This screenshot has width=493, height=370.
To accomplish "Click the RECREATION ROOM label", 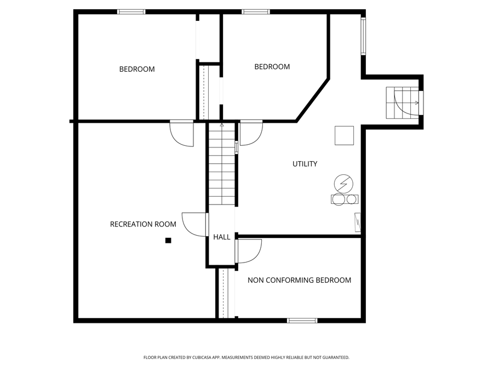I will tap(143, 224).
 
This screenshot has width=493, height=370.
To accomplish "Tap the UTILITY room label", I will tap(305, 164).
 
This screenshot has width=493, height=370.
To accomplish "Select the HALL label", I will tap(222, 237).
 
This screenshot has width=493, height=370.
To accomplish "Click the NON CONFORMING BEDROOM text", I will tap(299, 280).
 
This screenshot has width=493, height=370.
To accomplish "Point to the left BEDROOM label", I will tap(137, 69).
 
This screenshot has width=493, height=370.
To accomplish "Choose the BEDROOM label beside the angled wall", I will tap(272, 67).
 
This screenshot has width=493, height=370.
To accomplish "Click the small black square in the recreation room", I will tap(168, 240).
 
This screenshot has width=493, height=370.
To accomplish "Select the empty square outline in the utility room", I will tap(345, 135).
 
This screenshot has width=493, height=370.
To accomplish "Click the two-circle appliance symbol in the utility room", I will tap(345, 199).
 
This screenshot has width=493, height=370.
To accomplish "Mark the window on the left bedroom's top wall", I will tap(131, 12).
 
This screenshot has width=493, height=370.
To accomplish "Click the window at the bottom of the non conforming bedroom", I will tap(302, 320).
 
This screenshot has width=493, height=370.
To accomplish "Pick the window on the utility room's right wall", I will tap(363, 36).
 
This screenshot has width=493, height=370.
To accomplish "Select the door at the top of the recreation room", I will tap(181, 133).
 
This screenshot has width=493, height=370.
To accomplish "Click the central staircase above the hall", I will tap(222, 164).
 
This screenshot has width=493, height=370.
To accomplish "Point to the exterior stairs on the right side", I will tap(404, 103).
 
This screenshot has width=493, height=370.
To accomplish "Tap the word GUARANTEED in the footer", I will tap(334, 357).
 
